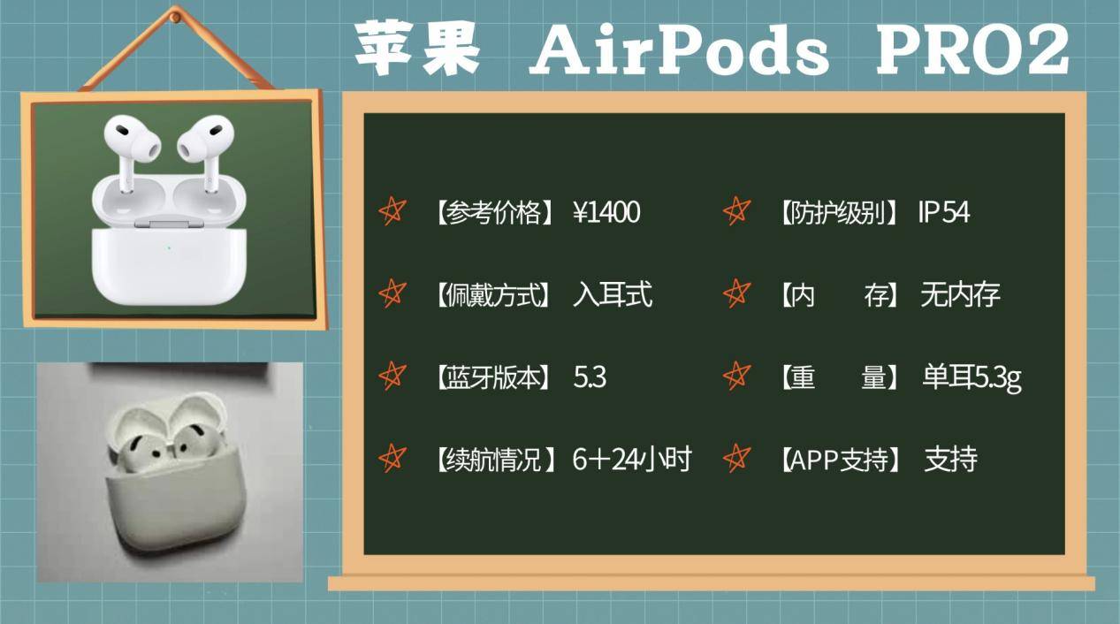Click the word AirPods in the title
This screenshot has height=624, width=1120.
coord(679,50)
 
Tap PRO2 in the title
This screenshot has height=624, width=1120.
coord(972,50)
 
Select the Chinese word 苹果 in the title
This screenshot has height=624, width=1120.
coord(417,49)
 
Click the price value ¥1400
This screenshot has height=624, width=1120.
coord(606,213)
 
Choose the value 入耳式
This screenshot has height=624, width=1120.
coord(613,294)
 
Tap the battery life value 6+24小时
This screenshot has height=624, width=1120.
coord(632,460)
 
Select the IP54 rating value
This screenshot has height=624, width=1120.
coord(943,213)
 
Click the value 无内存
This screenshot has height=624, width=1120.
coord(960,294)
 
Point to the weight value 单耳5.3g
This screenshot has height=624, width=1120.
coord(971,377)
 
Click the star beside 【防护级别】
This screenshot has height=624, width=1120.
coord(736,212)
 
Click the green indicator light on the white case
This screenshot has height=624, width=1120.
coord(168,247)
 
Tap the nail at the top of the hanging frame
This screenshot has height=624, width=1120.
coord(175,15)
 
